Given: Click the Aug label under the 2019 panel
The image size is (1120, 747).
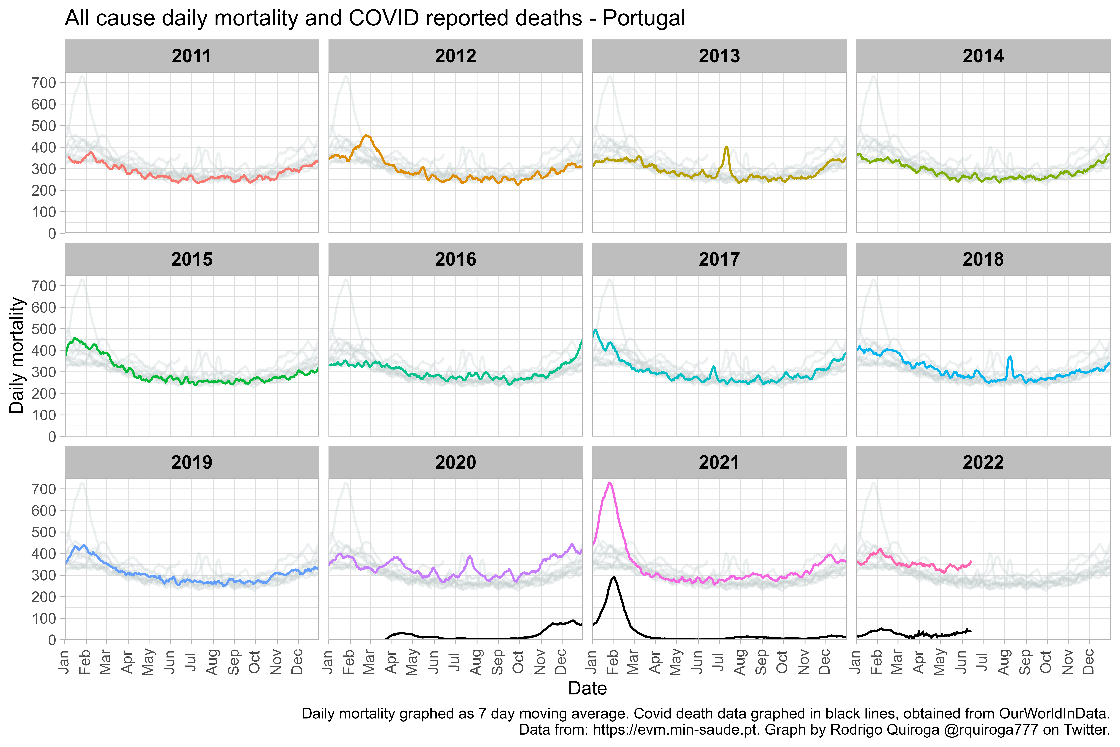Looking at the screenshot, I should tap(212, 662).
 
